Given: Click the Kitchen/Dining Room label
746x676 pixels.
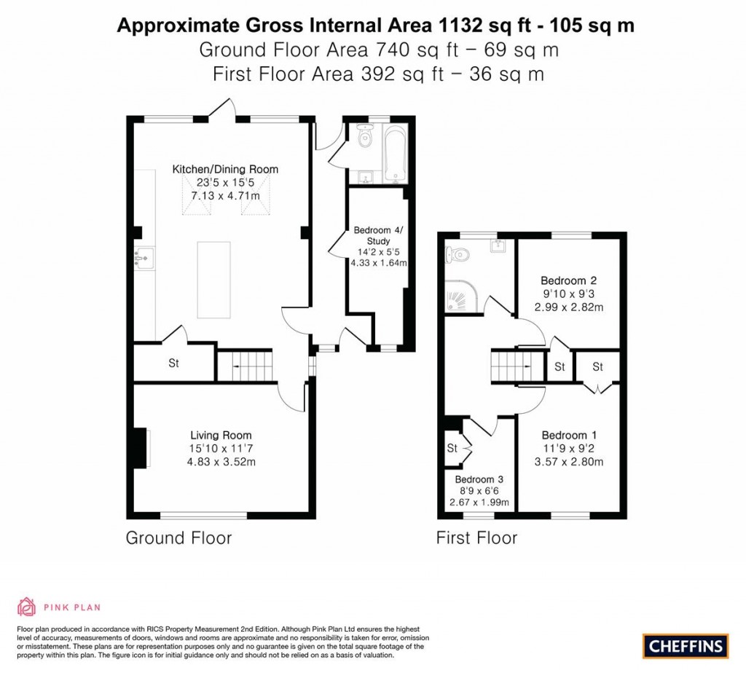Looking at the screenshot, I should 225,169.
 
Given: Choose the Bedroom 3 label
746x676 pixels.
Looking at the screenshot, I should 479,480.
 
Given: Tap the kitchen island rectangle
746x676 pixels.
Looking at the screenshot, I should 213,280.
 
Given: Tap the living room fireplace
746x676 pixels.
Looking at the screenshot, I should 140,447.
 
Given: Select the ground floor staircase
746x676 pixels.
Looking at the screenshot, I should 246,365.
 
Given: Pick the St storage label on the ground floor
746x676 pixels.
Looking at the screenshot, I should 174,363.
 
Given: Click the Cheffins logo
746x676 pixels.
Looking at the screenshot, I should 686,645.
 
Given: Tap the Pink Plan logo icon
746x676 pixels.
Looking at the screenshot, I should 26,607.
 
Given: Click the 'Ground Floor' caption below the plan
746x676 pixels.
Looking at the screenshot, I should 178,538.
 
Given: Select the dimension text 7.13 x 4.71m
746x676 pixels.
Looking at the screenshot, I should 225,196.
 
